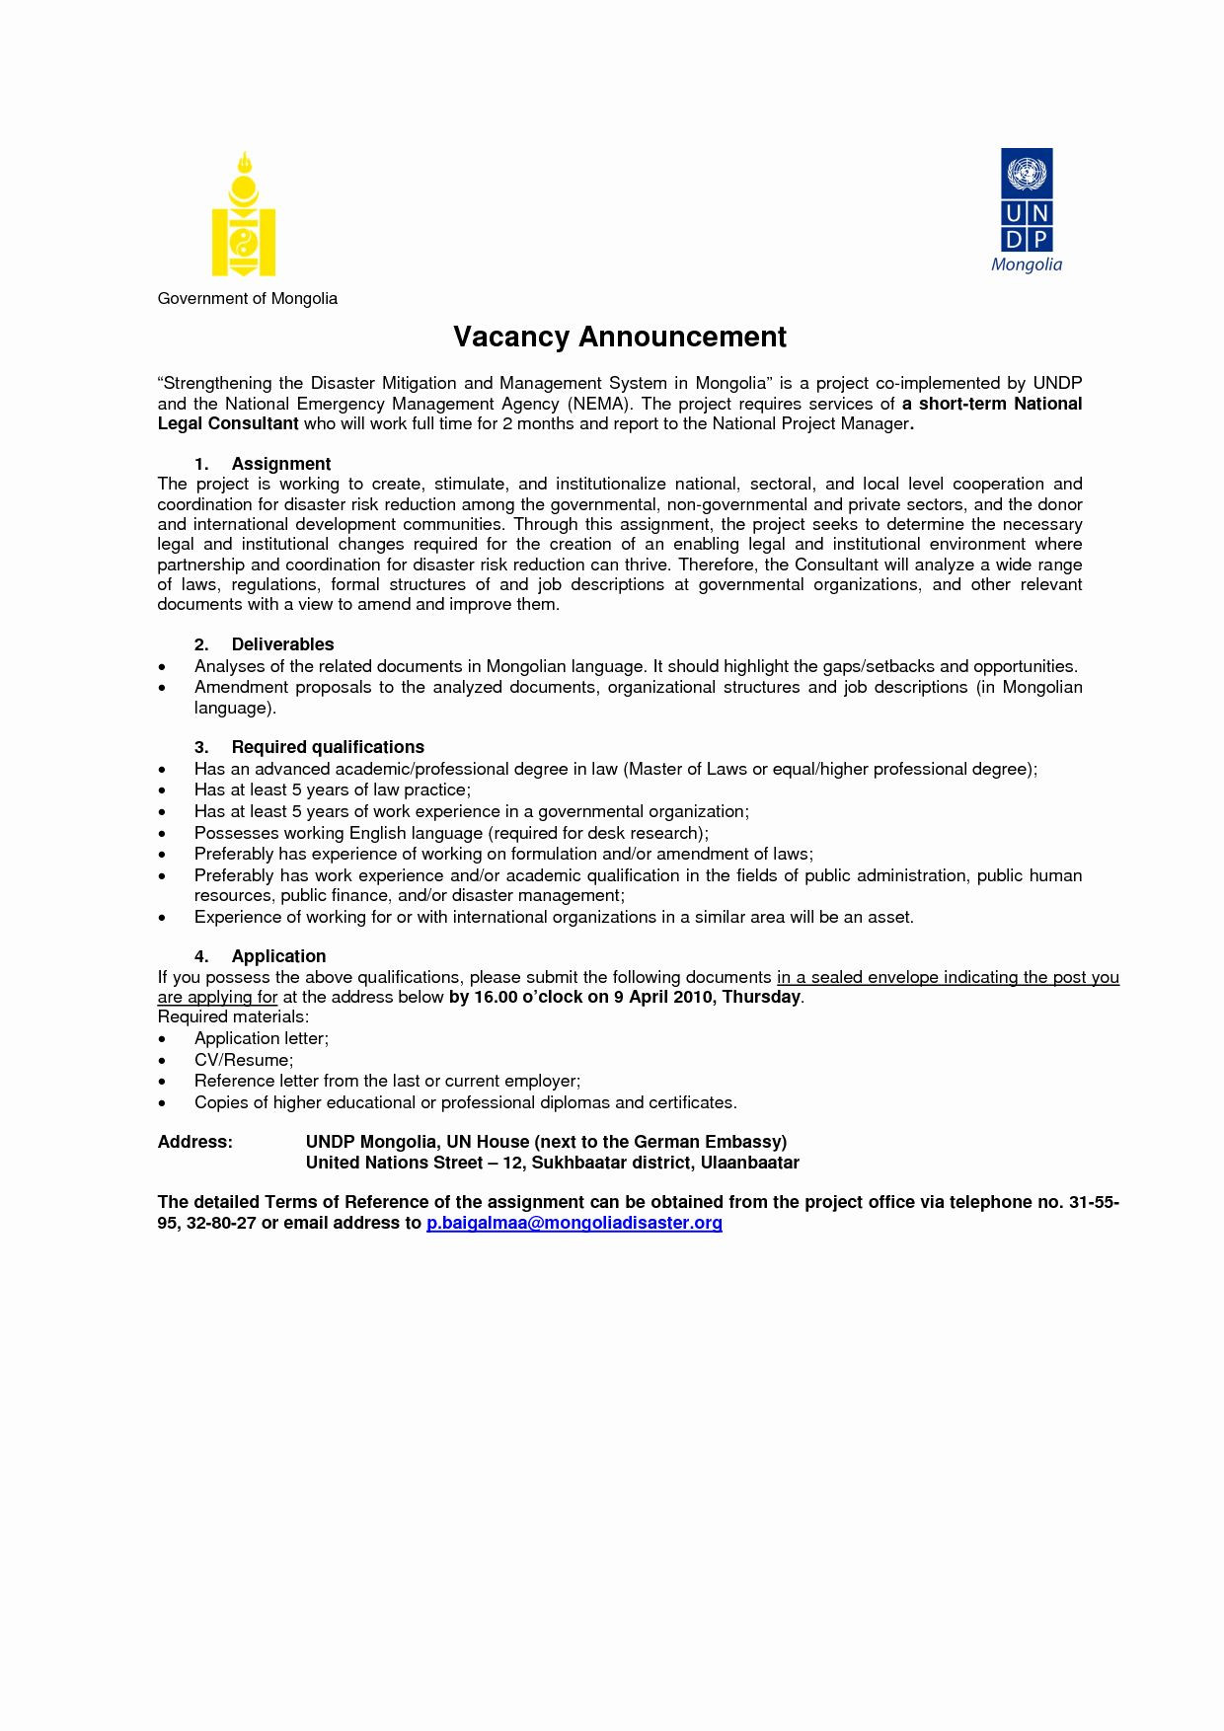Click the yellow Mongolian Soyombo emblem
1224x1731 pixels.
(244, 214)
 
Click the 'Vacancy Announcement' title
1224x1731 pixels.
(619, 338)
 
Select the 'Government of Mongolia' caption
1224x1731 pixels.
(247, 298)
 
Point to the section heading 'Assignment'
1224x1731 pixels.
(280, 464)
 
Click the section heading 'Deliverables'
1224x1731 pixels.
(282, 644)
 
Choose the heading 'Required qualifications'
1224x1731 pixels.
(328, 747)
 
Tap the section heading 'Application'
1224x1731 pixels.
(278, 956)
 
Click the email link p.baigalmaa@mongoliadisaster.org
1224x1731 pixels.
(574, 1223)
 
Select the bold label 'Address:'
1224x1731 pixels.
(194, 1142)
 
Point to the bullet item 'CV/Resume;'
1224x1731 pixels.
(243, 1060)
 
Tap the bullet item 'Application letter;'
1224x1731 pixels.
(261, 1038)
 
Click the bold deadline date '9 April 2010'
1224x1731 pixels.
(664, 997)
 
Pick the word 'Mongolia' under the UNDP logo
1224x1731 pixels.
(1027, 264)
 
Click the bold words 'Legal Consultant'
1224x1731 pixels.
(228, 423)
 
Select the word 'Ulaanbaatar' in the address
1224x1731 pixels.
(749, 1163)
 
